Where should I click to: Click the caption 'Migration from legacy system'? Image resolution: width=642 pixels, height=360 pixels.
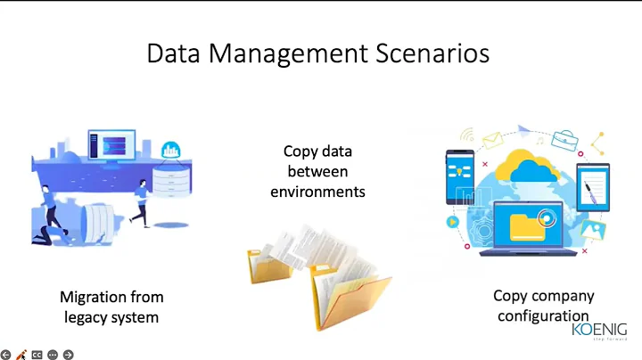point(111,306)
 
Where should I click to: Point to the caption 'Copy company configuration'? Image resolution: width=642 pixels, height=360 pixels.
point(543,306)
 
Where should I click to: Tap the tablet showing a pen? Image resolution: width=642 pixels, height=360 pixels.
point(593,187)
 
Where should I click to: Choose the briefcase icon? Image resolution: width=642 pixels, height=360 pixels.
point(564,139)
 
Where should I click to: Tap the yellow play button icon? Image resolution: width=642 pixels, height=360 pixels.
point(453,221)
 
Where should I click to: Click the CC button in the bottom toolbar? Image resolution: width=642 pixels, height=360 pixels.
point(37,354)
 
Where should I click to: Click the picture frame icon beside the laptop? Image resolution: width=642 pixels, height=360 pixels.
point(589,231)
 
